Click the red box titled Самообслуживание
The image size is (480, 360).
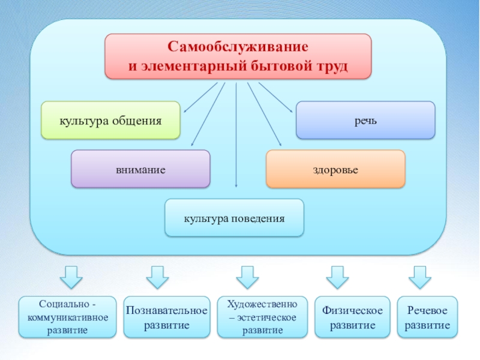pos(238,56)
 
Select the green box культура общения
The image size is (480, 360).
pos(110,120)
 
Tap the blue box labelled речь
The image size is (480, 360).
pos(365,120)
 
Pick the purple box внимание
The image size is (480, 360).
pos(140,169)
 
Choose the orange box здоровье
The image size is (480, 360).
pos(335,169)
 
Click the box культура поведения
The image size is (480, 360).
pos(234,217)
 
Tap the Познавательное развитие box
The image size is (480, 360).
pos(167,317)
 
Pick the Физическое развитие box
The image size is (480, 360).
pos(352,317)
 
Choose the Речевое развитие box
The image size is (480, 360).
pos(427,317)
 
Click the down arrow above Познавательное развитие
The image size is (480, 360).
pos(158,278)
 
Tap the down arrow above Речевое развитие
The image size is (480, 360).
pos(419,278)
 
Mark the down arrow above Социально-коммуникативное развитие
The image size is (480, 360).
pos(71,278)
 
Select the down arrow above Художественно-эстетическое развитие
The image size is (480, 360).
pos(247,278)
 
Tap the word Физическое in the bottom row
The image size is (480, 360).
pos(352,310)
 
